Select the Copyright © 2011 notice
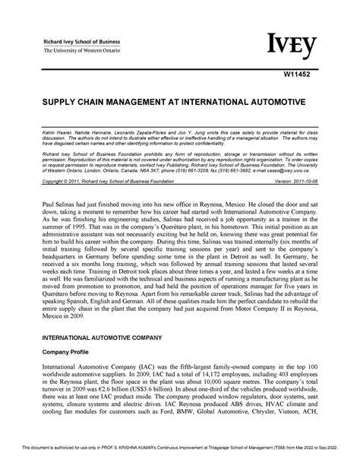pyautogui.click(x=98, y=182)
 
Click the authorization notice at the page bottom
pyautogui.click(x=180, y=458)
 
